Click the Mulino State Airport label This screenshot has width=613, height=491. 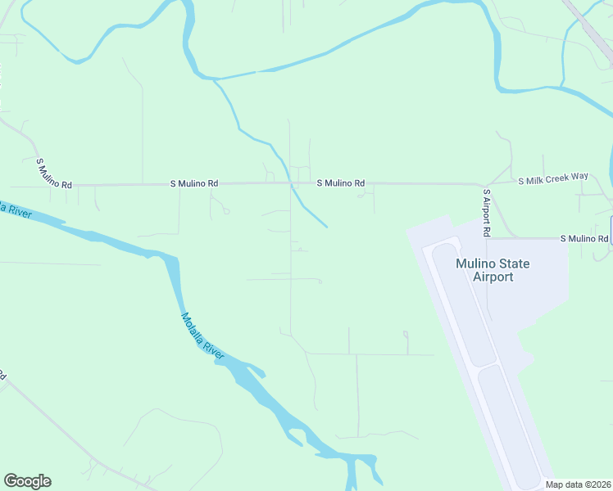click(493, 270)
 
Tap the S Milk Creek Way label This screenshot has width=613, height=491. click(553, 178)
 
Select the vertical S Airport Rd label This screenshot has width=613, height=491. click(486, 214)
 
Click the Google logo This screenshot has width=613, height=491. click(27, 481)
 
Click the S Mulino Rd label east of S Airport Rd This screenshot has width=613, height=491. click(584, 238)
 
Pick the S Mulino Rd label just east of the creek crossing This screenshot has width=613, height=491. click(341, 183)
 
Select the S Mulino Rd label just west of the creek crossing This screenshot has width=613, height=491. click(194, 183)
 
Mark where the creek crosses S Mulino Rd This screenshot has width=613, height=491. click(289, 183)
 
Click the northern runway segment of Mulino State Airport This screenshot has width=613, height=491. click(463, 303)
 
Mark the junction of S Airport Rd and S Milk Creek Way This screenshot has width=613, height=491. click(487, 184)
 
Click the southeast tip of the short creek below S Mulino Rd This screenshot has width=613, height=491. click(326, 226)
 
